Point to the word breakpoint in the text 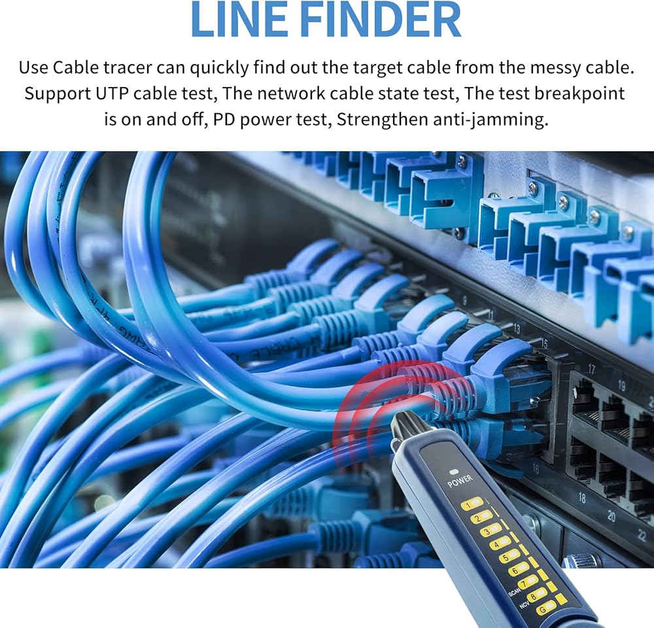click(580, 94)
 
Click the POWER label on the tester click(460, 484)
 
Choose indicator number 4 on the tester click(500, 543)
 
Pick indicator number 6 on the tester click(519, 569)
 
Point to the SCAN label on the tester click(514, 593)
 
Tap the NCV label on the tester click(524, 606)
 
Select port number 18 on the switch click(581, 498)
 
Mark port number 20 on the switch click(611, 517)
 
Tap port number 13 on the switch click(517, 329)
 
